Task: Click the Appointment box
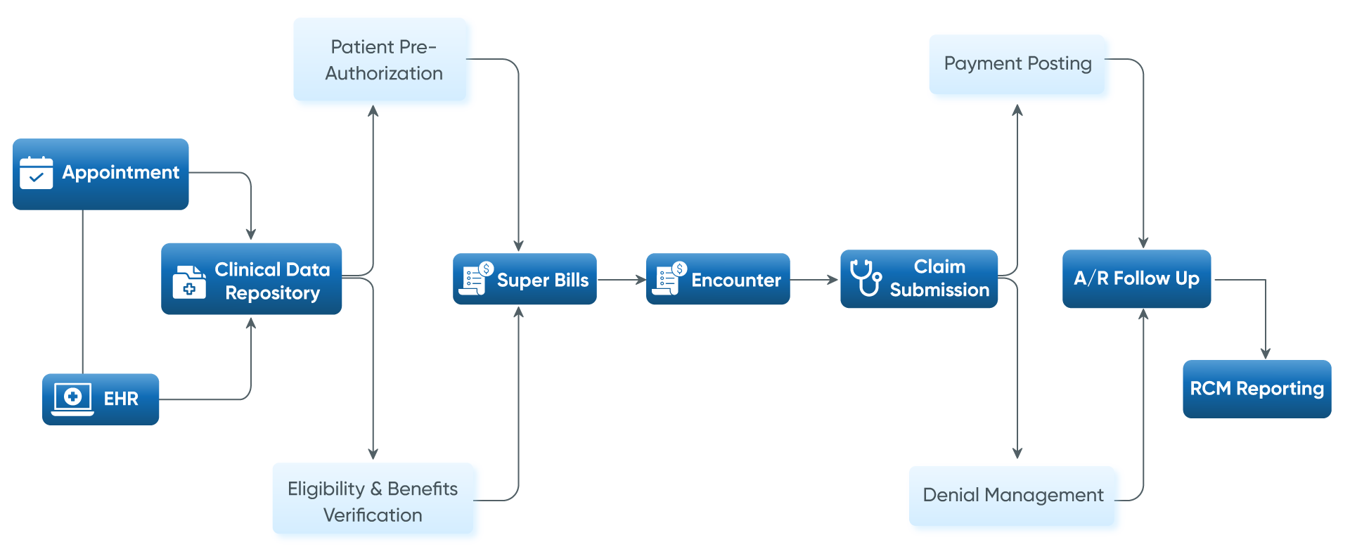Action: [x=101, y=174]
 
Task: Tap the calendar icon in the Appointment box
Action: [x=36, y=173]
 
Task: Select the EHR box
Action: [x=101, y=399]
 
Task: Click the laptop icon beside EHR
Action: [x=72, y=399]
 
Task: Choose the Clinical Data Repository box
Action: [x=251, y=279]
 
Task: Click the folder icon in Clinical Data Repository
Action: [x=189, y=282]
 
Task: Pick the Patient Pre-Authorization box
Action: [x=383, y=62]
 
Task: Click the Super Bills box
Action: [x=525, y=279]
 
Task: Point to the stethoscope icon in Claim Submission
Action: [x=866, y=278]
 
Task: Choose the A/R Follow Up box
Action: [x=1136, y=279]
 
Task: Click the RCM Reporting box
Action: [x=1256, y=389]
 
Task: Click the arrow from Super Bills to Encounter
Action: [x=622, y=280]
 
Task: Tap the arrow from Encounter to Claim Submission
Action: [x=815, y=280]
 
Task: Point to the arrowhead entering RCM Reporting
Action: [x=1266, y=354]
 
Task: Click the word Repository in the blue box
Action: [x=272, y=292]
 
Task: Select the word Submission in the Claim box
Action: [x=939, y=290]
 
